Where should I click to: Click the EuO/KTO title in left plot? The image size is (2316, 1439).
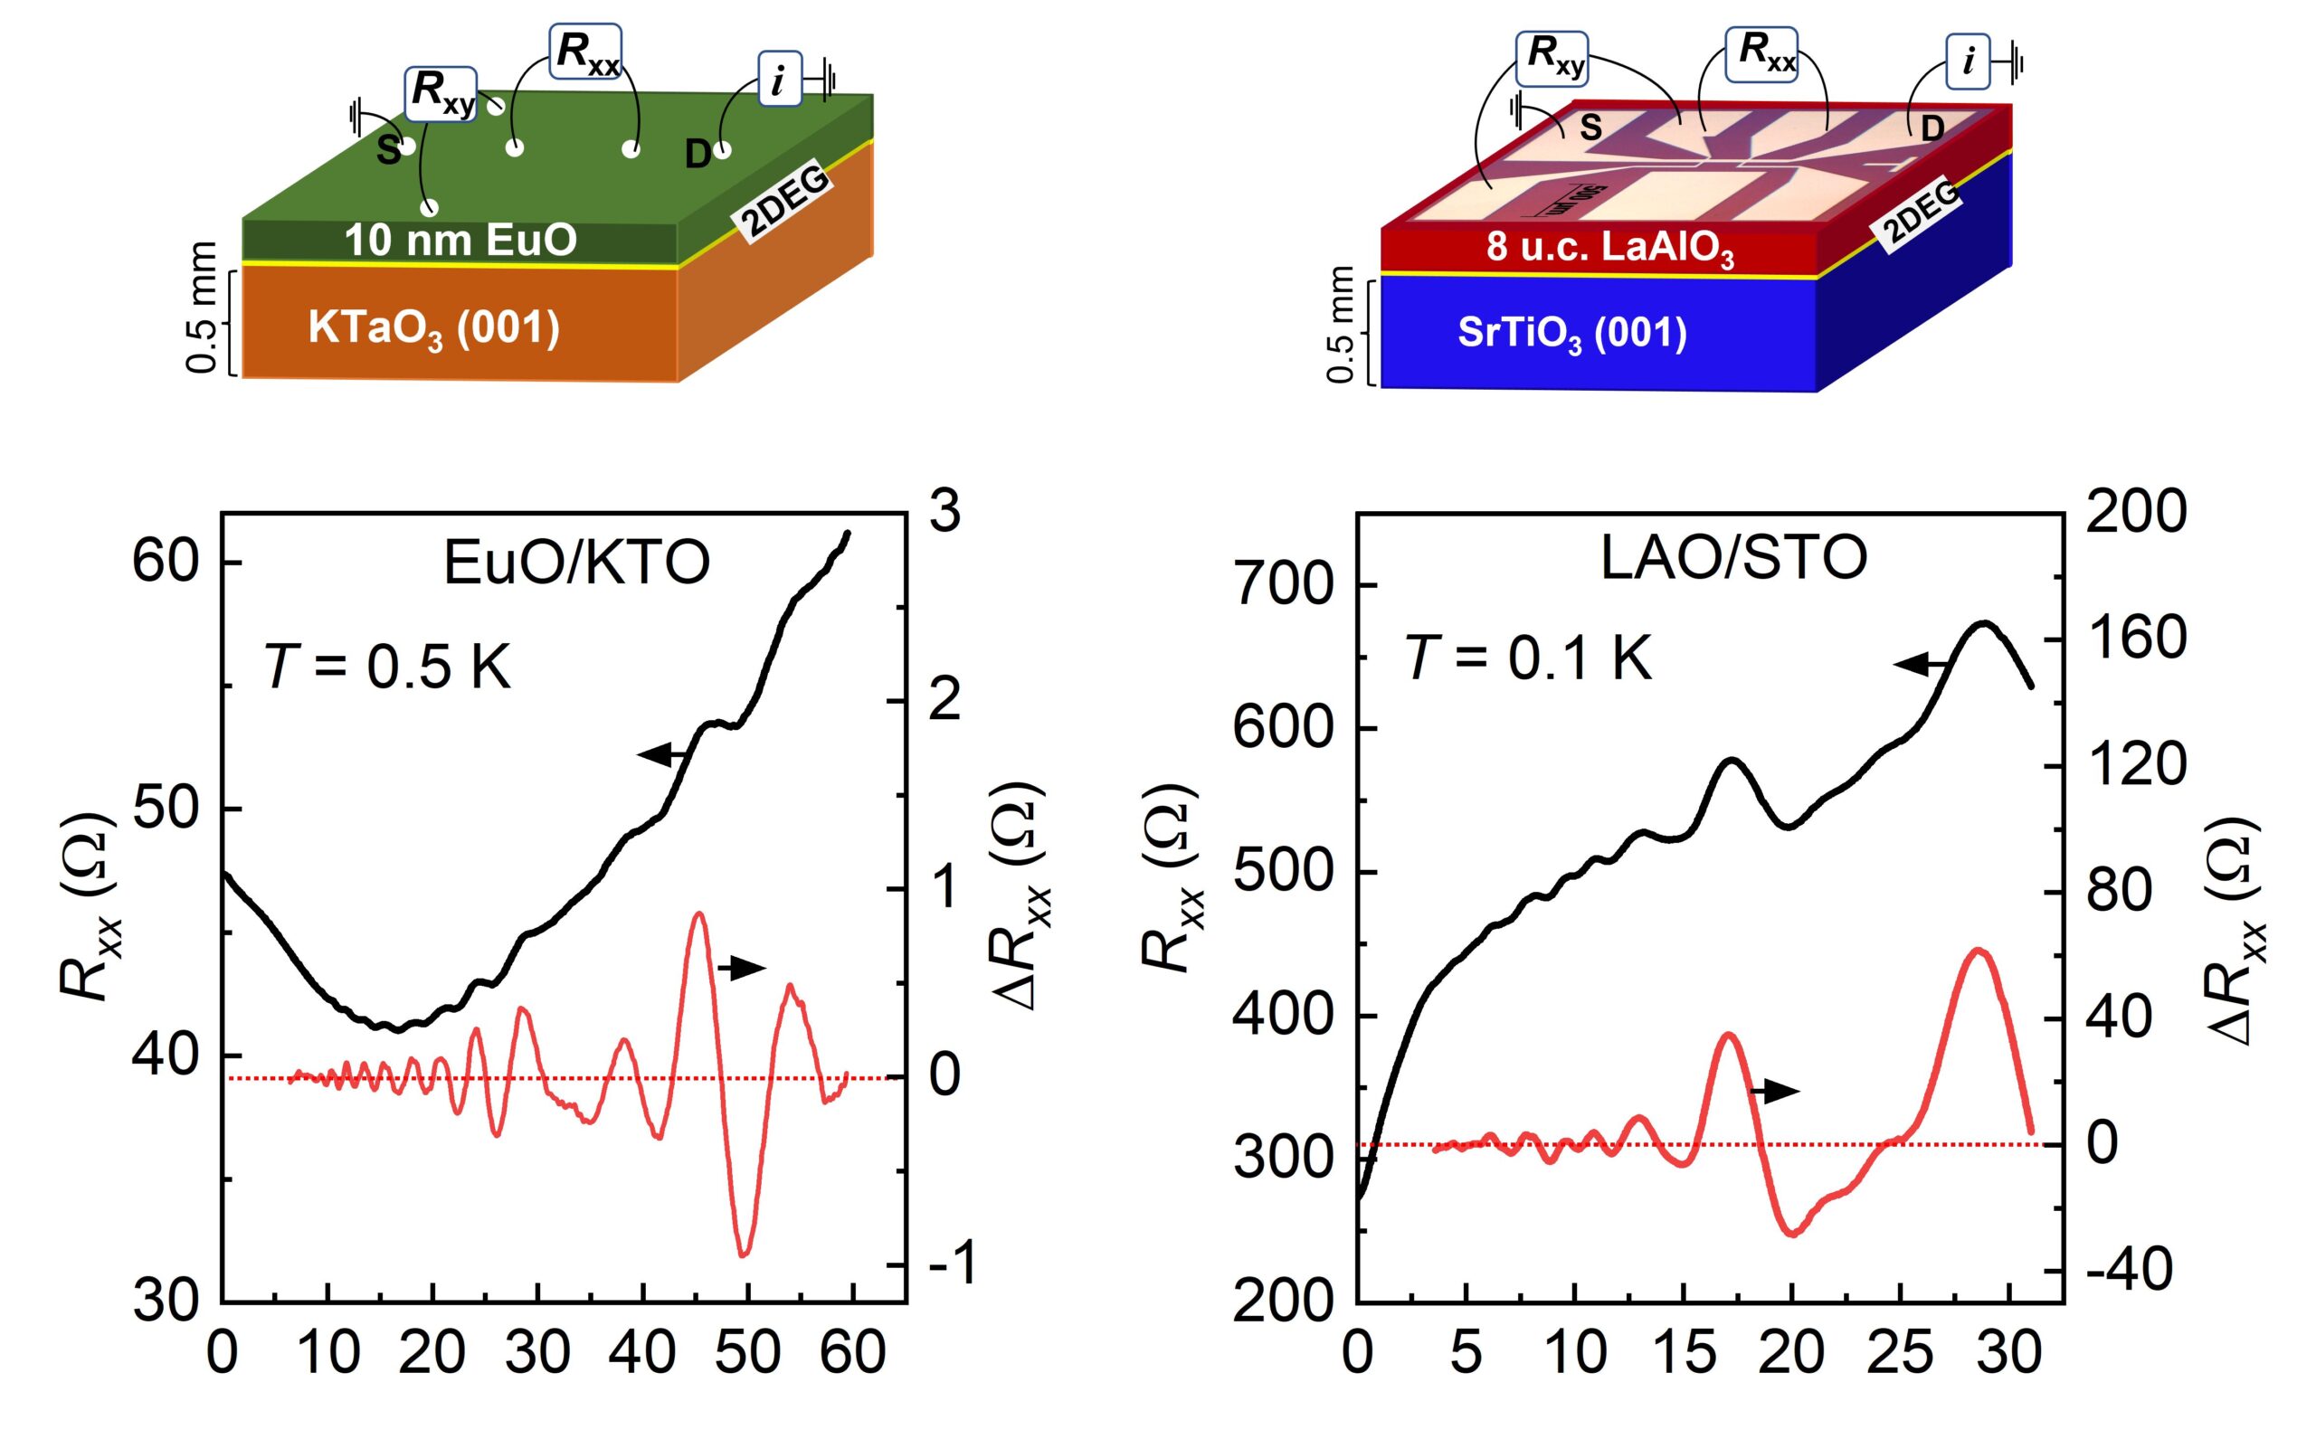(x=577, y=563)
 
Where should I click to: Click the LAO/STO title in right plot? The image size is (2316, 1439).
(x=1733, y=558)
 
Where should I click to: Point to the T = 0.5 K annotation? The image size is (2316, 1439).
(x=388, y=666)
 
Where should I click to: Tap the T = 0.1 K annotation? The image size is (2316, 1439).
(x=1529, y=658)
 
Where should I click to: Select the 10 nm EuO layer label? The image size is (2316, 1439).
(x=460, y=240)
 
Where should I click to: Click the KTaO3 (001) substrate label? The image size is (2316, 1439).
(x=434, y=329)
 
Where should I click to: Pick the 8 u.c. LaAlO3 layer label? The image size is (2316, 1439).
(x=1609, y=250)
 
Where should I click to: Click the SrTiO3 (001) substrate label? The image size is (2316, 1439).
(x=1571, y=335)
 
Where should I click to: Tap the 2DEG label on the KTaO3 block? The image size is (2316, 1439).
(x=785, y=202)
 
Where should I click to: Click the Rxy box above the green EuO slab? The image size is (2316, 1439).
(x=441, y=92)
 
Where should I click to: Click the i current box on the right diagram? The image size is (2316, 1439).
(x=1967, y=62)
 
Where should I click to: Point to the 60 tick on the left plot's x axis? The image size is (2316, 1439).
(x=852, y=1352)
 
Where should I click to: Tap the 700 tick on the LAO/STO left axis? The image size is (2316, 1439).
(x=1284, y=584)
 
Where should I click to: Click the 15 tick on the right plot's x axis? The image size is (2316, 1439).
(x=1684, y=1352)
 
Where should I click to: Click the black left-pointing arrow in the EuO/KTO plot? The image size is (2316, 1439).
(x=663, y=755)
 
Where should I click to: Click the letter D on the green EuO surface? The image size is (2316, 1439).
(x=698, y=154)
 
